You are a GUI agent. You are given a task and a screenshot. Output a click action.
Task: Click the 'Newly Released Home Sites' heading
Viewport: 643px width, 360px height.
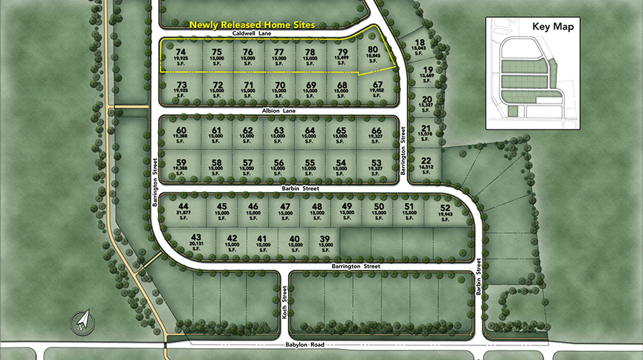pos(252,24)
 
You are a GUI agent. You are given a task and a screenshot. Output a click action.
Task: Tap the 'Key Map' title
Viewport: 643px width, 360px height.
pos(553,27)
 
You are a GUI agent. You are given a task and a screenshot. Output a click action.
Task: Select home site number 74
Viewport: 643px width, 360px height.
pos(182,52)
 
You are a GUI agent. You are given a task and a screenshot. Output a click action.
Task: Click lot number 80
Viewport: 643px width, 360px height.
pos(373,50)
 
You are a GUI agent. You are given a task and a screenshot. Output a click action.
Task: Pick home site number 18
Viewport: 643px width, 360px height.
pos(419,43)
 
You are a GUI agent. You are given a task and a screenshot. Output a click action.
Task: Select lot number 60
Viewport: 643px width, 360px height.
pos(182,131)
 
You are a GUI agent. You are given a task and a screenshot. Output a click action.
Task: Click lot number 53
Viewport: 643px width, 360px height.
pos(377,162)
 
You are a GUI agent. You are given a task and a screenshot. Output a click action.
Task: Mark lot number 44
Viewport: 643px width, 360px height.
pos(184,207)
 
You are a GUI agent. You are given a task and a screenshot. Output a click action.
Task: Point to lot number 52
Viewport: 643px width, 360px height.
pos(445,207)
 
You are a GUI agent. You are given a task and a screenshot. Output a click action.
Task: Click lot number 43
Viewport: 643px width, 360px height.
pos(196,238)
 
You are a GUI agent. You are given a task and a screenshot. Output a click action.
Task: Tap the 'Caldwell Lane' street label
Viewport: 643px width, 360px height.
pos(253,32)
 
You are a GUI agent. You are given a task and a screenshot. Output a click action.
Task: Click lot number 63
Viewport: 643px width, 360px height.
pos(279,131)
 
